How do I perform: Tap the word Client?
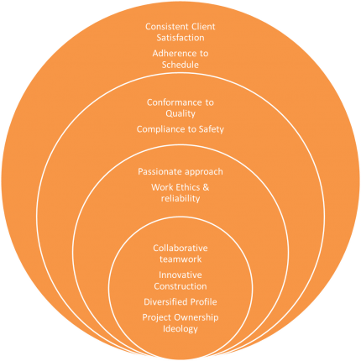pyautogui.click(x=201, y=27)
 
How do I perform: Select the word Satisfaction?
pyautogui.click(x=180, y=38)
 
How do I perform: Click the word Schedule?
pyautogui.click(x=180, y=65)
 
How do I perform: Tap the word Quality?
pyautogui.click(x=180, y=114)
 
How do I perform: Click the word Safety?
pyautogui.click(x=211, y=129)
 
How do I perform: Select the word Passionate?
pyautogui.click(x=157, y=171)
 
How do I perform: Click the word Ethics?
pyautogui.click(x=186, y=187)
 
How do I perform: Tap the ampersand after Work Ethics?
pyautogui.click(x=206, y=187)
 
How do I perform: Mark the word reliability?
pyautogui.click(x=180, y=199)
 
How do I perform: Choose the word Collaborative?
pyautogui.click(x=180, y=248)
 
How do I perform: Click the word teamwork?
pyautogui.click(x=180, y=259)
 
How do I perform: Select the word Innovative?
pyautogui.click(x=180, y=275)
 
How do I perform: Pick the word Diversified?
pyautogui.click(x=165, y=302)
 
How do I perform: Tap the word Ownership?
pyautogui.click(x=196, y=317)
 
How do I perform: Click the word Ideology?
pyautogui.click(x=180, y=329)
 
